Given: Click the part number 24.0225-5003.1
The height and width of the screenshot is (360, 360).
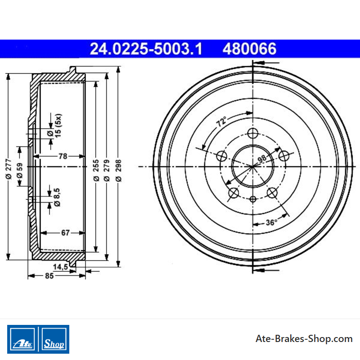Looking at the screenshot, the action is (146, 49).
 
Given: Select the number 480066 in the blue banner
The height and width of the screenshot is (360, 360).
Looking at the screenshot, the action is (249, 49).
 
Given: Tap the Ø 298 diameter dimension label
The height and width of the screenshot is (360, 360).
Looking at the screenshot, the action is (118, 171).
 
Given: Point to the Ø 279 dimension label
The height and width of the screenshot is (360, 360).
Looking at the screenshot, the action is (107, 171).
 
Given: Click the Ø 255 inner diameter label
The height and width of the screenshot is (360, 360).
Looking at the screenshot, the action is (96, 171).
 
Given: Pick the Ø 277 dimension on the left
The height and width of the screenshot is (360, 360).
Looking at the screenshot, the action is (9, 169).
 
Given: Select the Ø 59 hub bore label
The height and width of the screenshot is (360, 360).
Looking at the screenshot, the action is (20, 171).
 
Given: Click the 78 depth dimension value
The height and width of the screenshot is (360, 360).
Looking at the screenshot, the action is (63, 156).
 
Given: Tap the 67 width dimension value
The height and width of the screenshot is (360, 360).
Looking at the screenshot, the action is (65, 233).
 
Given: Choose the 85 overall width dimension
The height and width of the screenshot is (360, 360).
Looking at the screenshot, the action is (49, 276).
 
